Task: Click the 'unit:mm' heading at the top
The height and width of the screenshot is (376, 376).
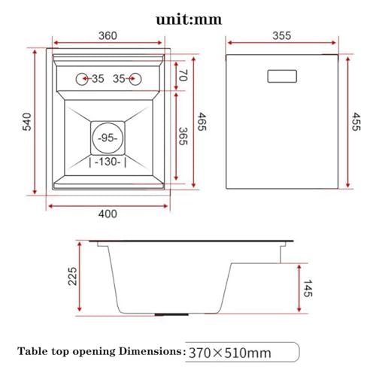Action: pos(189,20)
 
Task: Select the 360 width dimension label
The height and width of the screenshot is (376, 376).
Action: pos(108,35)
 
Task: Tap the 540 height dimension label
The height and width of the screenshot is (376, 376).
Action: pos(27,122)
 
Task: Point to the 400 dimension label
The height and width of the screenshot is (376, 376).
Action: pos(108,214)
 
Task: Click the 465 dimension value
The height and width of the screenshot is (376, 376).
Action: pos(202,122)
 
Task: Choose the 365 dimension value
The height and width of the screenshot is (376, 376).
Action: pos(183,136)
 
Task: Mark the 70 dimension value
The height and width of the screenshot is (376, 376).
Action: pos(183,75)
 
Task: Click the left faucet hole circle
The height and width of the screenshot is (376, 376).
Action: pos(82,79)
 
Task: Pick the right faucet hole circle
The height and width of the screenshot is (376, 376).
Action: pos(135,79)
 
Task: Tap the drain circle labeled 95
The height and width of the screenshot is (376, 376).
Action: pos(108,138)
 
